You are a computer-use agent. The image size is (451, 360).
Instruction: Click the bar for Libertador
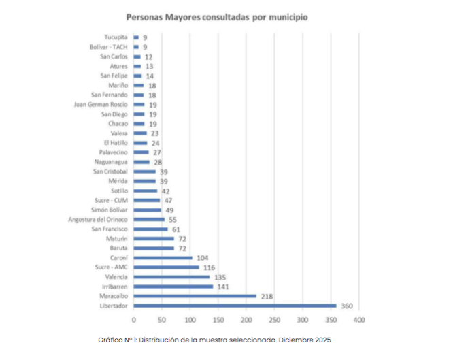click(235, 306)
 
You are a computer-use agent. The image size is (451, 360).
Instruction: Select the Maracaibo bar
click(195, 296)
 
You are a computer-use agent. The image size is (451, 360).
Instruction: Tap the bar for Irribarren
click(173, 287)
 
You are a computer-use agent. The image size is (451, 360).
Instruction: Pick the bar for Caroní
click(163, 258)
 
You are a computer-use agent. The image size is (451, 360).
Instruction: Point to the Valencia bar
click(171, 277)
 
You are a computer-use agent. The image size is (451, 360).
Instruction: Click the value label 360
click(347, 306)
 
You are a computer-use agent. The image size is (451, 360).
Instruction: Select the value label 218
click(267, 296)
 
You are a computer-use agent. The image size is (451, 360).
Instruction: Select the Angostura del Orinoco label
click(98, 219)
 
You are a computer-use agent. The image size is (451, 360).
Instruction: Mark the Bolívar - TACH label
click(109, 47)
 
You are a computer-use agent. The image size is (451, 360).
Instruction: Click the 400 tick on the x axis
click(359, 319)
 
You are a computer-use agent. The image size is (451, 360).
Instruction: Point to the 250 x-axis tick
click(275, 319)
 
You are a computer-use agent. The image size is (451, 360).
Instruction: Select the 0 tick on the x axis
click(134, 319)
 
